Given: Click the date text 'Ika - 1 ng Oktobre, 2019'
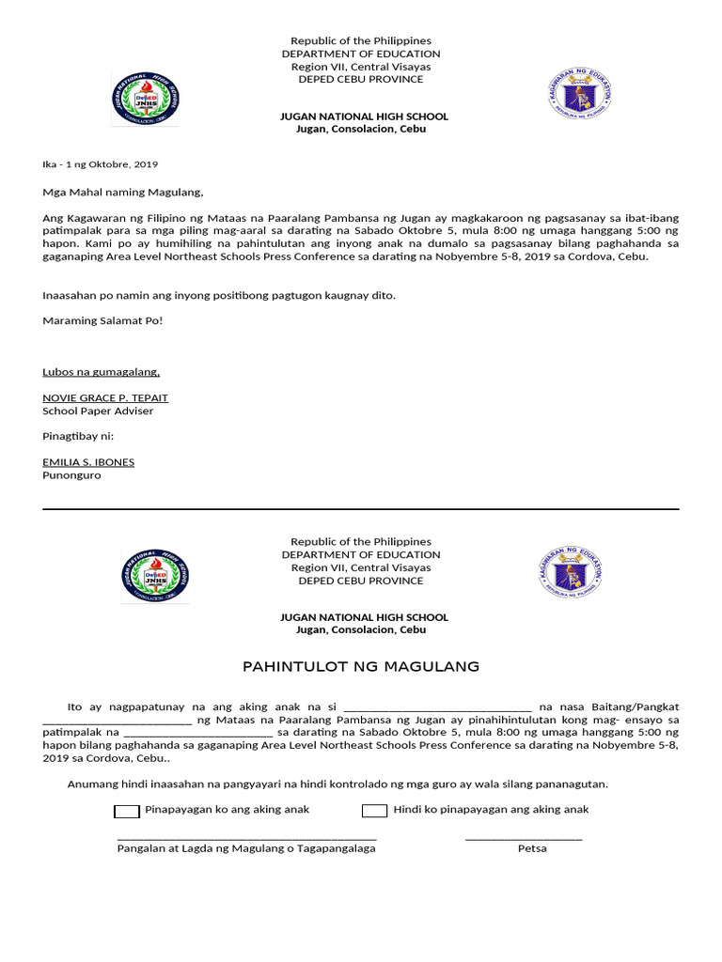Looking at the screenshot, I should pyautogui.click(x=101, y=164).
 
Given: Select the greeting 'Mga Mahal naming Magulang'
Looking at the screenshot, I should pyautogui.click(x=123, y=193).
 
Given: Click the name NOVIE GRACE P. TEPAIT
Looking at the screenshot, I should pyautogui.click(x=105, y=398).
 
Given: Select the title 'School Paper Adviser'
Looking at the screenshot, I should pyautogui.click(x=98, y=411).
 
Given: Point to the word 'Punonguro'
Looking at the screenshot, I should pyautogui.click(x=71, y=475).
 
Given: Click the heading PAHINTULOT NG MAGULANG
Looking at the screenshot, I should pyautogui.click(x=361, y=667).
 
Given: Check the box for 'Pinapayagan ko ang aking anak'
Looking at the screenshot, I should pyautogui.click(x=127, y=811).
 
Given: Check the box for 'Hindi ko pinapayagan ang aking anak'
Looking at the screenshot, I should pyautogui.click(x=374, y=811).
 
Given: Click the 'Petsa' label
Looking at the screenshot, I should pyautogui.click(x=532, y=848).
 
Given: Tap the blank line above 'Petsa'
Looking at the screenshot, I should pyautogui.click(x=524, y=837).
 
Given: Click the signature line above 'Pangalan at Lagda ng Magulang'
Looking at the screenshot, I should pyautogui.click(x=246, y=837).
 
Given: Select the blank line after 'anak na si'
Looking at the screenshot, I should pyautogui.click(x=438, y=707).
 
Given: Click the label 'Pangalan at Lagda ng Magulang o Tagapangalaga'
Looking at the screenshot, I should pyautogui.click(x=246, y=848).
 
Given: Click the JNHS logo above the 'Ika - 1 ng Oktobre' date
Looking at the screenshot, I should pyautogui.click(x=145, y=99).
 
